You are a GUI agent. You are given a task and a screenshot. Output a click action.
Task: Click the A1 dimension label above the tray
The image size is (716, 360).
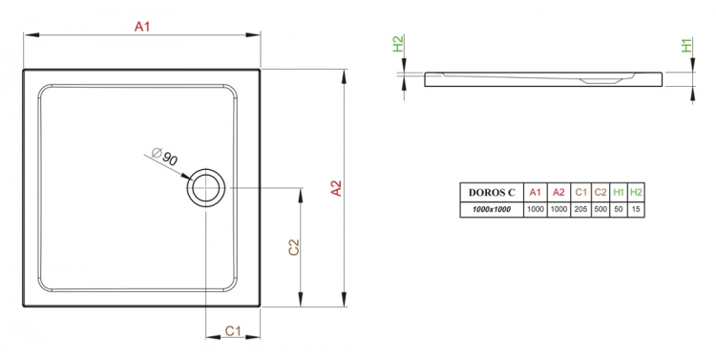click(142, 27)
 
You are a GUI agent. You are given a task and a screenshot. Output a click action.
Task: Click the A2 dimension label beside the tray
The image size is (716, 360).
click(336, 188)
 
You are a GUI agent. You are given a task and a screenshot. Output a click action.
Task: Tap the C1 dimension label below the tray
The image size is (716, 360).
click(233, 330)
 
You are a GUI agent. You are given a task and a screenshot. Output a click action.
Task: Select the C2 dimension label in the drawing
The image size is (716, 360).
click(294, 247)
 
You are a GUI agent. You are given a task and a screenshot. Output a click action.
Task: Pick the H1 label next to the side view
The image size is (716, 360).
click(686, 45)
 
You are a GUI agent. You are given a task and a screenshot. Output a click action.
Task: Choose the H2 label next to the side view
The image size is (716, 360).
click(398, 44)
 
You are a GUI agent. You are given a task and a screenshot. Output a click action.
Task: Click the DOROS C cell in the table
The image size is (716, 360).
click(492, 192)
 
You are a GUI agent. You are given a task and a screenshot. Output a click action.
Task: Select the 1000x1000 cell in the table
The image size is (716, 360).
click(492, 210)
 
